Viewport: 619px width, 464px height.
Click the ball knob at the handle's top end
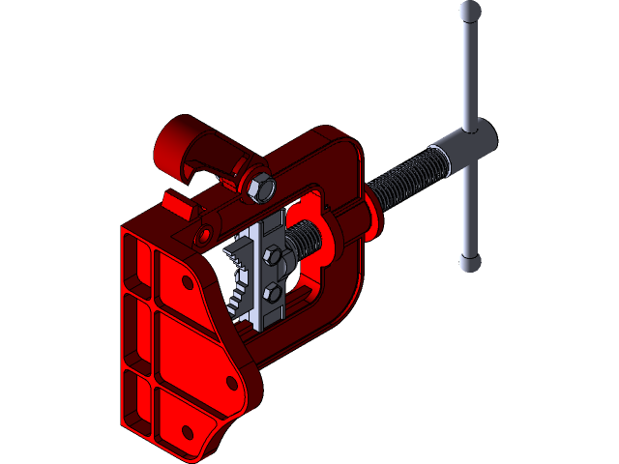point(470,11)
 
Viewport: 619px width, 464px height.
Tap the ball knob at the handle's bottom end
point(469,261)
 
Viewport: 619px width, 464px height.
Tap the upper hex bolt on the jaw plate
point(274,256)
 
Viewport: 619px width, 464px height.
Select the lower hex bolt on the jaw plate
point(273,292)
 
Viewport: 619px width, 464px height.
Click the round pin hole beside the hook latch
point(203,233)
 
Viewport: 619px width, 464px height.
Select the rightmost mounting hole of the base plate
point(232,384)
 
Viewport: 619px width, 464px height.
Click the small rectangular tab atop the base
point(177,203)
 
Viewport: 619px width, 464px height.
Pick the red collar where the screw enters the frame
point(370,215)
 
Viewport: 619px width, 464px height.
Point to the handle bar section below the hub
point(469,213)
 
